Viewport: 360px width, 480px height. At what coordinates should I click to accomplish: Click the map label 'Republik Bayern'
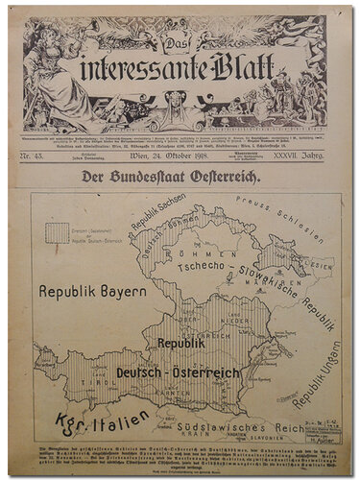tap(91, 290)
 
